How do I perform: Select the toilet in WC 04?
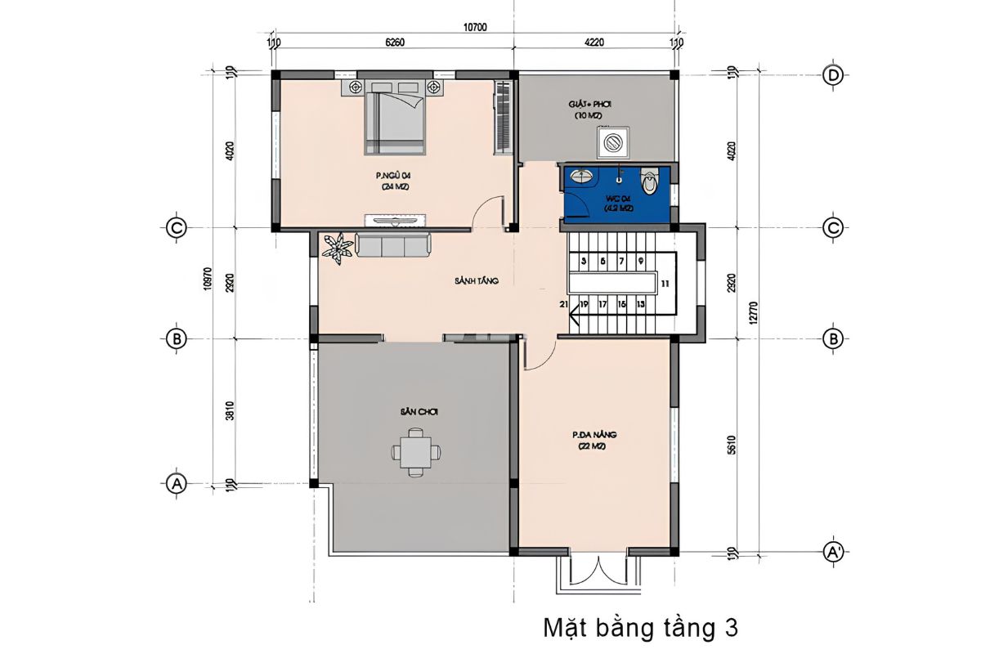pyautogui.click(x=650, y=181)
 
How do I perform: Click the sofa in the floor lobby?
pyautogui.click(x=392, y=245)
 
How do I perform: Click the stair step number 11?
pyautogui.click(x=665, y=284)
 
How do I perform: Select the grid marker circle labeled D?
pyautogui.click(x=833, y=74)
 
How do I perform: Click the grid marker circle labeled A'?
pyautogui.click(x=833, y=553)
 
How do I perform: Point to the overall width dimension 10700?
pyautogui.click(x=475, y=27)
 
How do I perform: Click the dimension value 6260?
pyautogui.click(x=395, y=43)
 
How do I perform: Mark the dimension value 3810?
pyautogui.click(x=231, y=413)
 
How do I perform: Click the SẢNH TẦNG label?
pyautogui.click(x=477, y=280)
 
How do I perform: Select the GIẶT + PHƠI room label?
pyautogui.click(x=590, y=105)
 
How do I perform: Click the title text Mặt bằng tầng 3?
pyautogui.click(x=640, y=628)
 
